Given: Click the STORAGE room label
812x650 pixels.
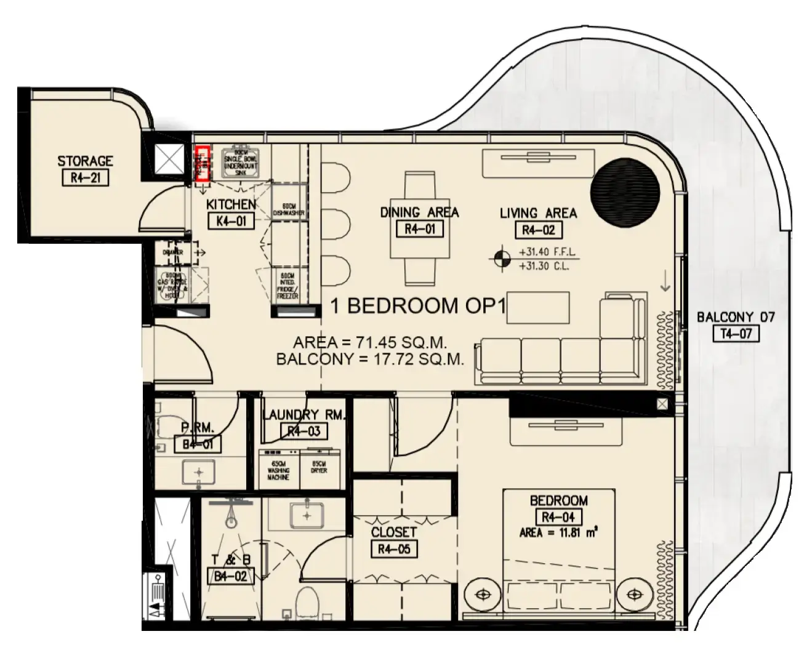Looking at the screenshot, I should click(x=85, y=161).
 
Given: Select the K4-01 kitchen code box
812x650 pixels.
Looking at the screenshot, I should click(x=231, y=220).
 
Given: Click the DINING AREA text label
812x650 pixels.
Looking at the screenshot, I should click(x=419, y=212).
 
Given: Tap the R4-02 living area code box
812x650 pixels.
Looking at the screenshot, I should click(x=538, y=230).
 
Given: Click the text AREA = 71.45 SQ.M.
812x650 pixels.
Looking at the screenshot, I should click(x=370, y=342).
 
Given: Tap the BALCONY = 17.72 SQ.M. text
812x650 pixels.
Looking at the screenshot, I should click(x=370, y=359).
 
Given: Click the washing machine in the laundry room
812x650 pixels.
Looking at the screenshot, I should click(x=278, y=470).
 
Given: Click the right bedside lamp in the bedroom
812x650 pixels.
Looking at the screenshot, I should click(x=634, y=595).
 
